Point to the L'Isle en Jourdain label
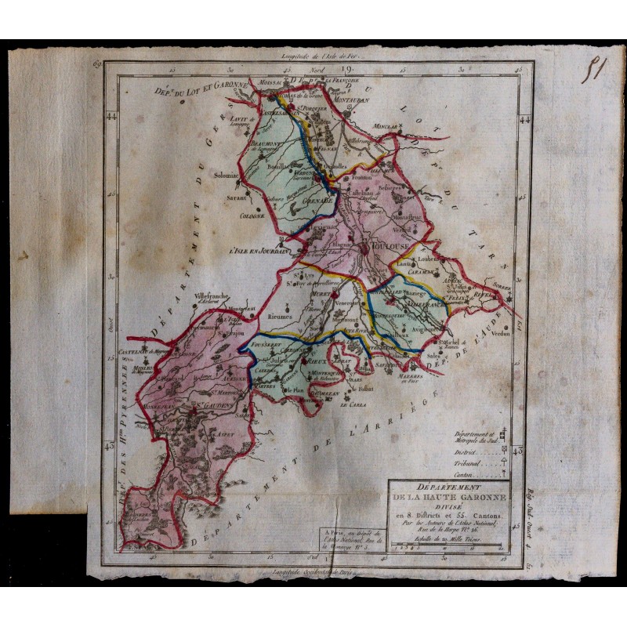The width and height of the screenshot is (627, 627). (256, 252)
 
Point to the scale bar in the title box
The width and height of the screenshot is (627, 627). (451, 548)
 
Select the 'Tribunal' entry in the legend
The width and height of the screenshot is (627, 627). (467, 462)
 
